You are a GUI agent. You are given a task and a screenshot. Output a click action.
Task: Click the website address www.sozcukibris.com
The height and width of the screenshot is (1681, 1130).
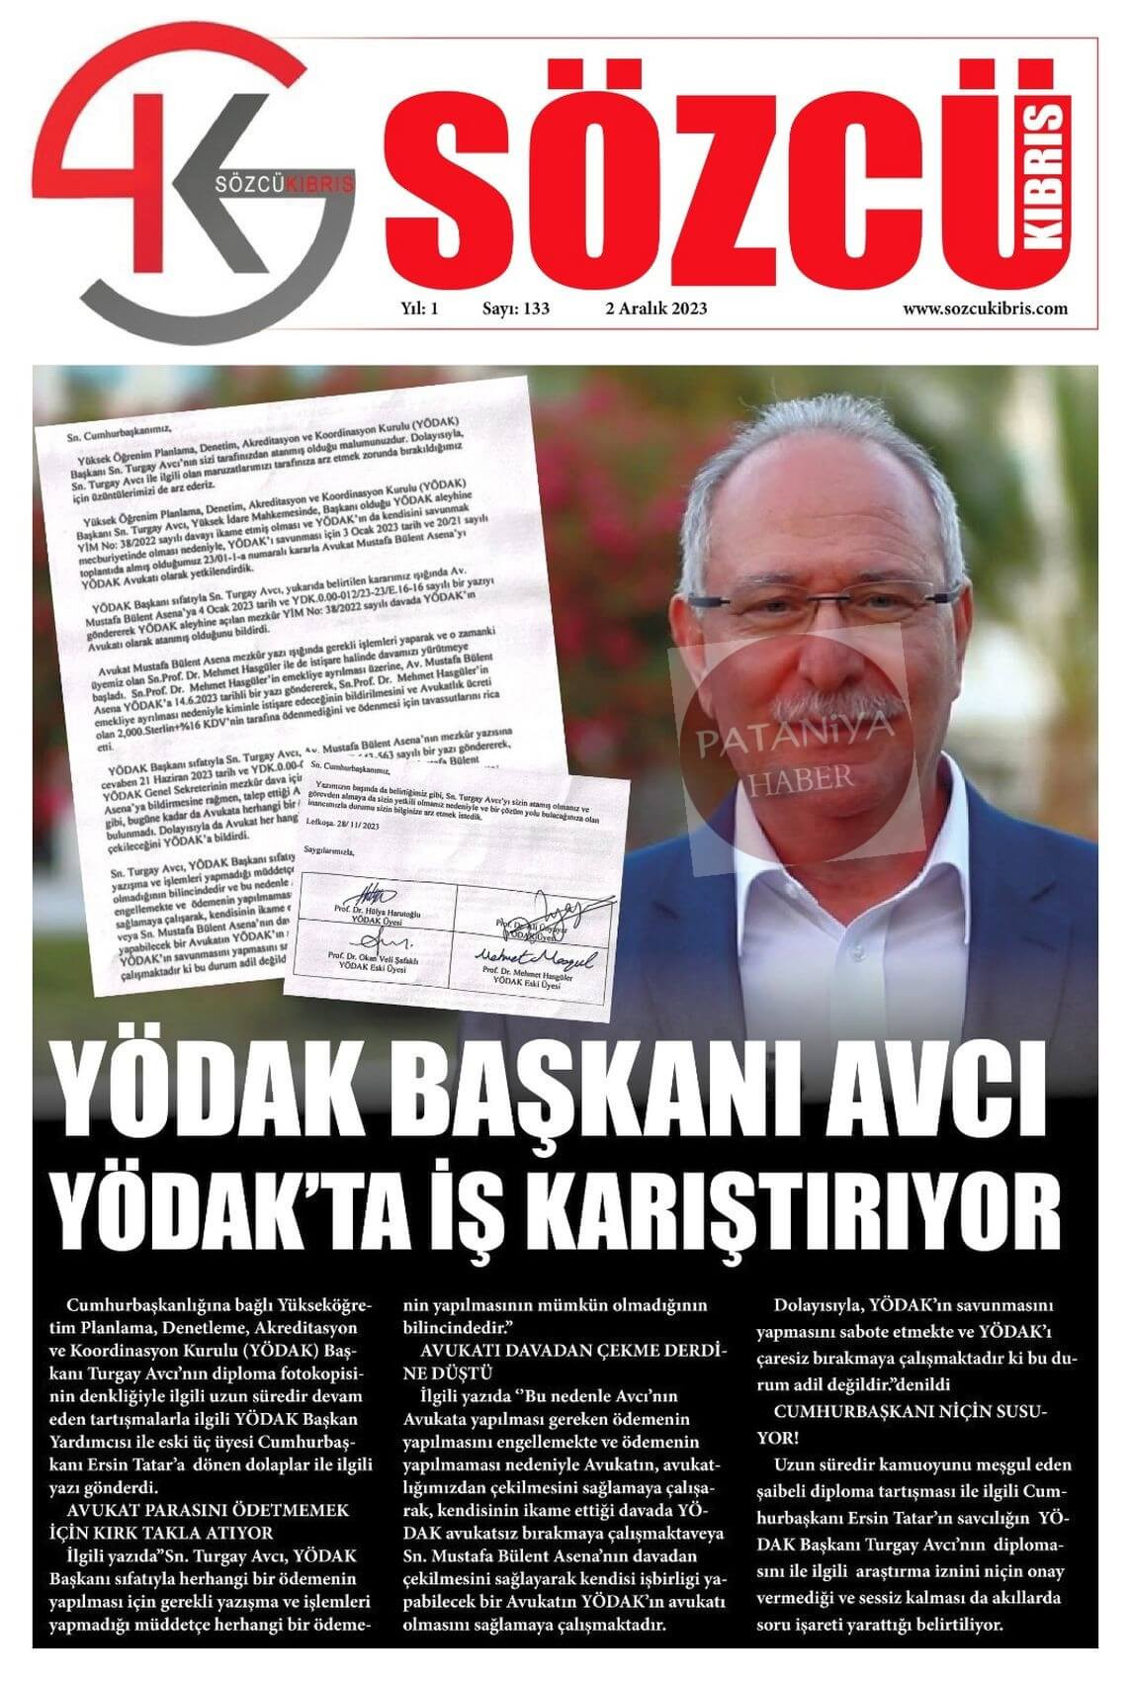tap(984, 309)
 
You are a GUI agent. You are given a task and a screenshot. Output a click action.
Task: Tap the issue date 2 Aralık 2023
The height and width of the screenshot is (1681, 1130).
tap(654, 309)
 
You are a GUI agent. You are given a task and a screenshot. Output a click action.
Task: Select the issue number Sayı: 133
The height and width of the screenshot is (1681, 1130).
tap(515, 309)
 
